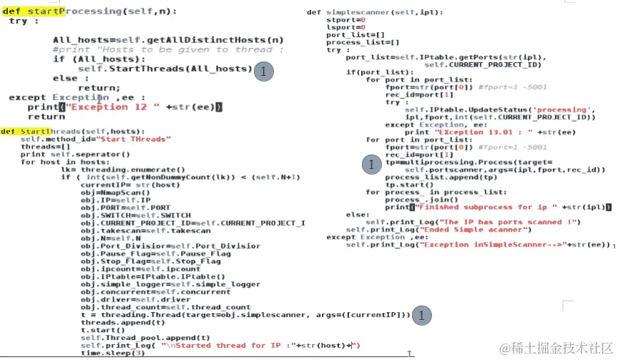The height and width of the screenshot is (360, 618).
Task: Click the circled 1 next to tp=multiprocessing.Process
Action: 371,165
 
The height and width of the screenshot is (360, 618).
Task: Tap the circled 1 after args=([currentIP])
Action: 423,315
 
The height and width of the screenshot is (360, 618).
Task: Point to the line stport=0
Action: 341,20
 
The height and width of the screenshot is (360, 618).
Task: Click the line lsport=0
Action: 341,27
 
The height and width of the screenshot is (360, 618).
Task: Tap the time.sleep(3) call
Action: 112,353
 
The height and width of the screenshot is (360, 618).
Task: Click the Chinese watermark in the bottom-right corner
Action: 551,348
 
